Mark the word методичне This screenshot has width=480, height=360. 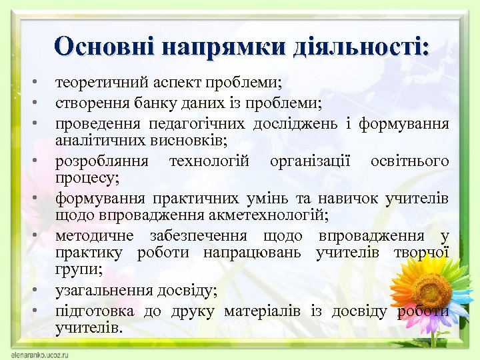coord(94,235)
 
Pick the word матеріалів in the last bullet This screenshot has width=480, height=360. coord(262,311)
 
